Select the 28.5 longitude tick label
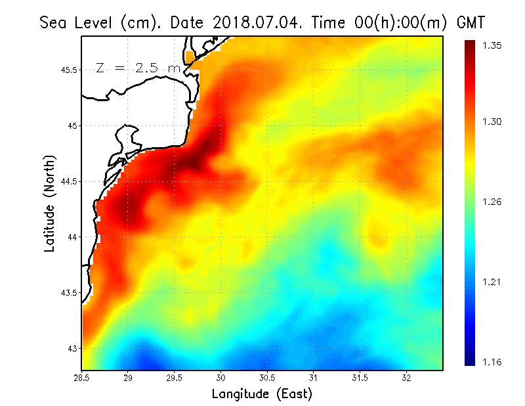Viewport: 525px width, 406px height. tap(82, 378)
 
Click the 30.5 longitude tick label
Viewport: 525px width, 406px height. tap(267, 378)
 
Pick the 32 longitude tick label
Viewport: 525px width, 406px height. tap(406, 378)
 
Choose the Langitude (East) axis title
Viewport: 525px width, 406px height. tap(262, 394)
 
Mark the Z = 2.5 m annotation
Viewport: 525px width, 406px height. tap(138, 68)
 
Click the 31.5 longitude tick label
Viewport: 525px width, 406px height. tap(360, 378)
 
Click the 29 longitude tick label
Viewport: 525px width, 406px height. tap(128, 378)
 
